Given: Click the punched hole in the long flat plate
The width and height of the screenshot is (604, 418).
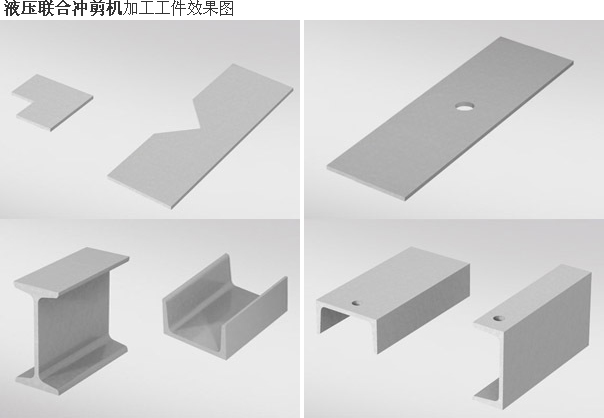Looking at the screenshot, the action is click(465, 106).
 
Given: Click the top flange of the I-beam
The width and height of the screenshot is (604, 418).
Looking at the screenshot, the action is click(71, 272).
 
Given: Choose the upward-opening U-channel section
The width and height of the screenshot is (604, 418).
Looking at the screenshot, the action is click(225, 306).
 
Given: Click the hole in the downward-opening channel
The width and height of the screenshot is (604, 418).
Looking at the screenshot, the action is click(356, 303).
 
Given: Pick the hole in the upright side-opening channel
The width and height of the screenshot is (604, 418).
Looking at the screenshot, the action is click(499, 319).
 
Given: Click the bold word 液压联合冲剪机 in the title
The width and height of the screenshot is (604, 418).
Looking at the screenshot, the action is click(63, 8).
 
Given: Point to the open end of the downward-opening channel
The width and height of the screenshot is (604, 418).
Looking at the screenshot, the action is click(332, 317).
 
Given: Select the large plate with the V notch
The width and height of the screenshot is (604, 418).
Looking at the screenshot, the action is click(200, 137).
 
